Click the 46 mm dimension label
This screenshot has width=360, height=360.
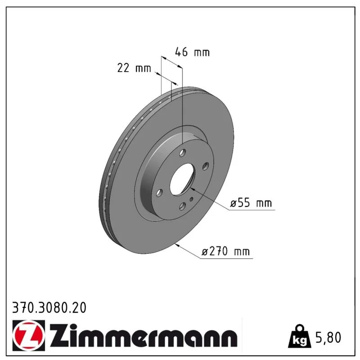click(x=193, y=52)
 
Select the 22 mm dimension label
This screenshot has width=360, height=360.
click(x=134, y=68)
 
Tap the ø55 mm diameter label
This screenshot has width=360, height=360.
click(x=251, y=203)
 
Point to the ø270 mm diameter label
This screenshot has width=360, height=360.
click(x=225, y=251)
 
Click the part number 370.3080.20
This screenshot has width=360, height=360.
click(x=49, y=308)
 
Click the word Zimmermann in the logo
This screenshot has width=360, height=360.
click(x=144, y=335)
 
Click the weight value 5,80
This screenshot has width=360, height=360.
click(x=328, y=338)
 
